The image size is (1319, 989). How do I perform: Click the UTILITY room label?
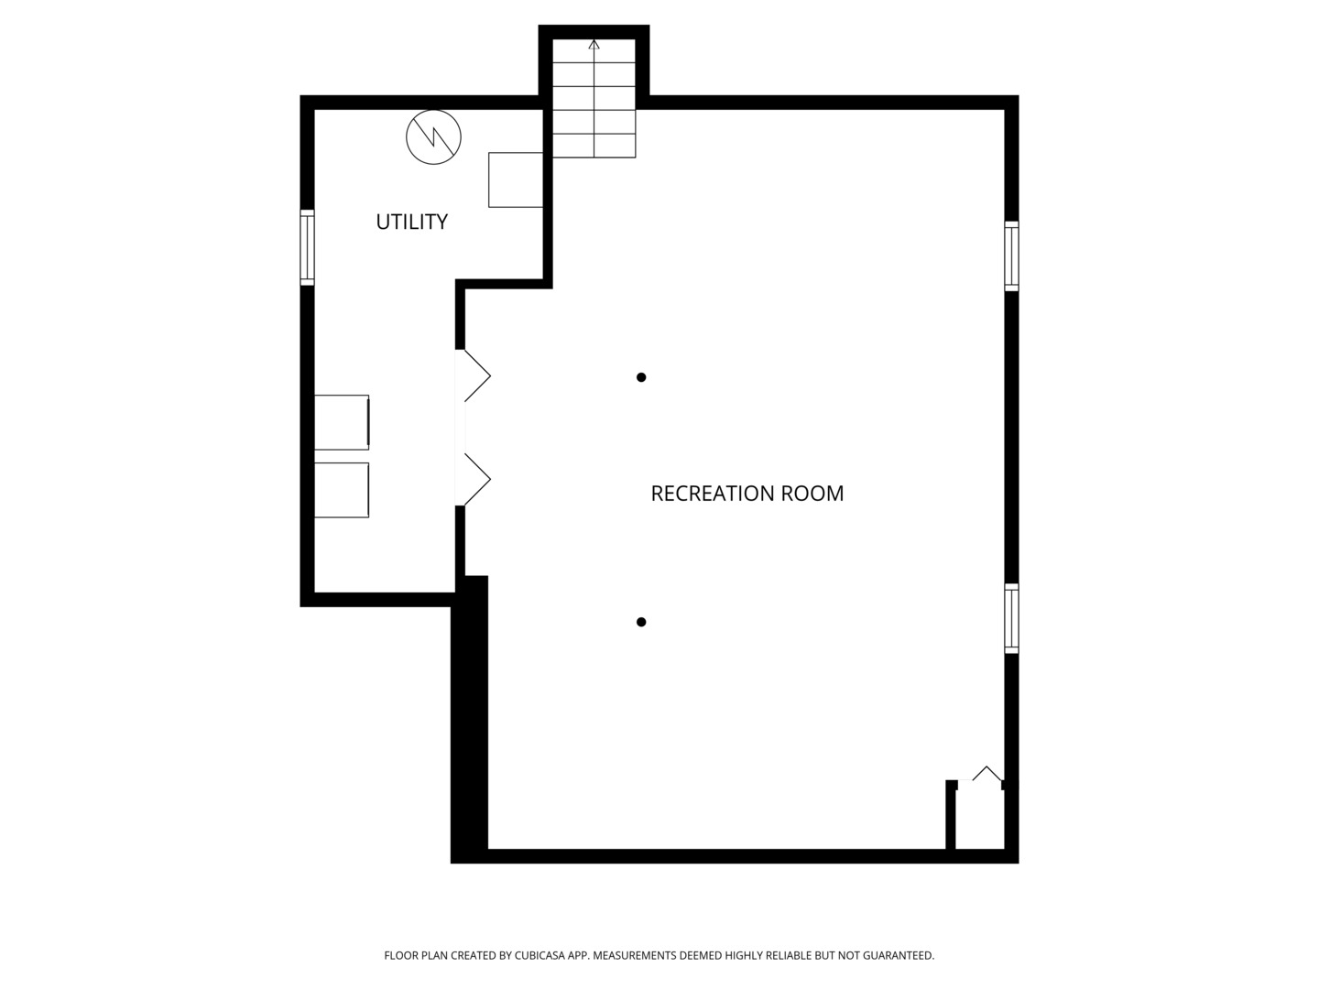coord(411,222)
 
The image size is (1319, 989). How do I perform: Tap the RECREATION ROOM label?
coord(747,494)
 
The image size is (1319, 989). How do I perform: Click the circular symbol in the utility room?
coord(433,137)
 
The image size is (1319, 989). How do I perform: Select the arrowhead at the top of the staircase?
coord(594,44)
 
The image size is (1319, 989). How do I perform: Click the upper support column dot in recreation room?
coord(641,377)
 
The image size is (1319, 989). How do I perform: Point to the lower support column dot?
coord(641,623)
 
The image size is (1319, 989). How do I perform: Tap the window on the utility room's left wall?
coord(308,247)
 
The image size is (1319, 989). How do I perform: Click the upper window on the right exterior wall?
coord(1011,256)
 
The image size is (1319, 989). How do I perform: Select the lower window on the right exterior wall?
coord(1011,619)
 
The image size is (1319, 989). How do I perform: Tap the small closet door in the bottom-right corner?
coord(987,775)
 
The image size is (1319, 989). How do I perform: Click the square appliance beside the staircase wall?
coord(516,179)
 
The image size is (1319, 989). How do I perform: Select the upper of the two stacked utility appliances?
coord(342,422)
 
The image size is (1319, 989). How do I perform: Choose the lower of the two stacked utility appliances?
coord(342,490)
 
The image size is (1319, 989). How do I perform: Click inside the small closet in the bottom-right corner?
coord(979,820)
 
